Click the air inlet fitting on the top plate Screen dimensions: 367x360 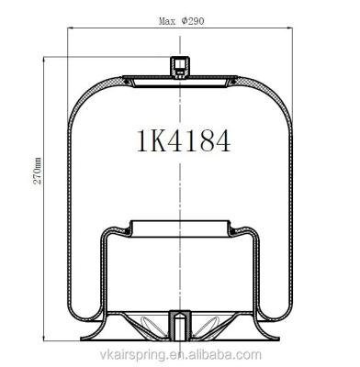179,67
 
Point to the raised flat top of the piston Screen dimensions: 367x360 179,222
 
